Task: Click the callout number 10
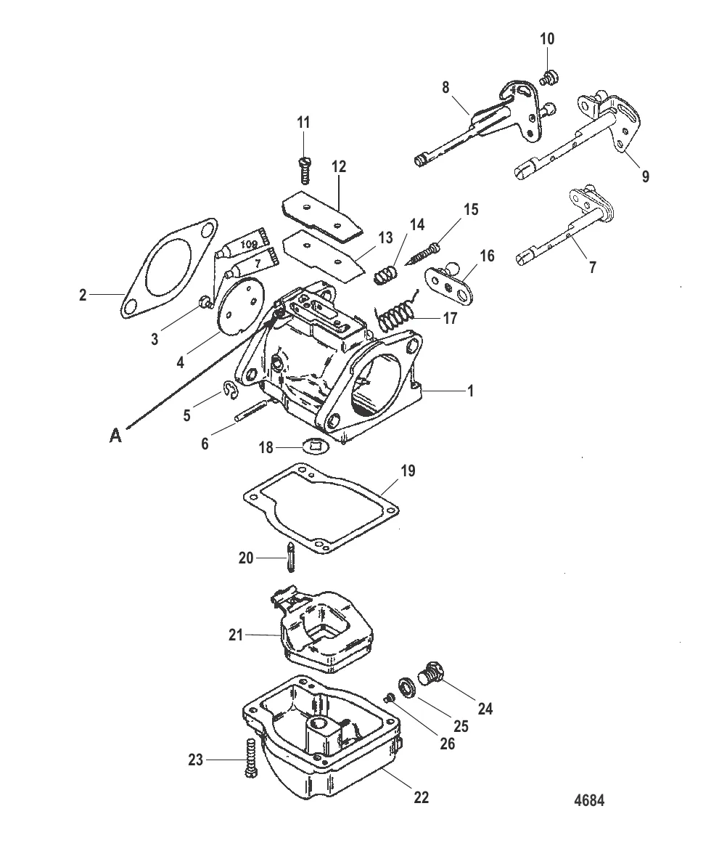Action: (547, 38)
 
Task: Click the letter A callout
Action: (115, 436)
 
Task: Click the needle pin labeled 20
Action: (290, 558)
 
